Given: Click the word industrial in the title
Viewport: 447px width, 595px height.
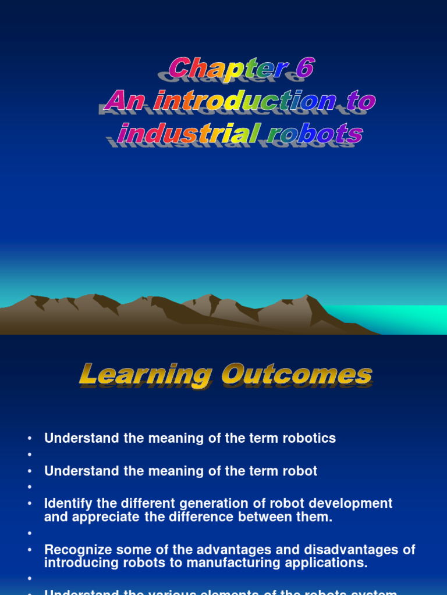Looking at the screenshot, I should pos(187,134).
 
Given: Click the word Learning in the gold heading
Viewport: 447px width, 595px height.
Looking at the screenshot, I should pos(145,375).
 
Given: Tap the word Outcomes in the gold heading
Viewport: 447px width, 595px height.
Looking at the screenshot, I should pos(297,375).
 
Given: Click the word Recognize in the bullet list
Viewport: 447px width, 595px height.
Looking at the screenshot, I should pos(76,550).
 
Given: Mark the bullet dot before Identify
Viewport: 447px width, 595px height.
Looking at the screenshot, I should pos(30,503).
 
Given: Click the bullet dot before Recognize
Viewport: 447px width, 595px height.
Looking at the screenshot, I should pos(30,550).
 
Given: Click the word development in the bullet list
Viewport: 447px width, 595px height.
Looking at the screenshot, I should pos(355,503).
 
